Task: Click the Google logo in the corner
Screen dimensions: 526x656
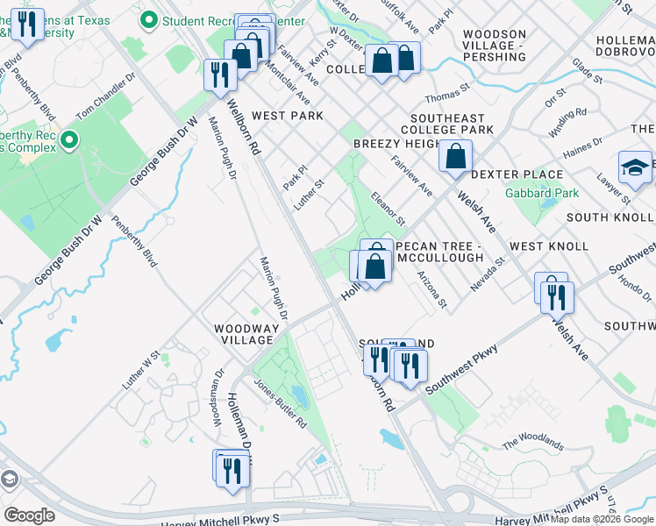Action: point(30,515)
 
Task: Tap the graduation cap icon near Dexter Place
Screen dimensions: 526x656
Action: point(636,169)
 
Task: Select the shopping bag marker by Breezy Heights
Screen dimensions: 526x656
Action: point(456,158)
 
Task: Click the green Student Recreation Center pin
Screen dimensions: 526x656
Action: point(150,20)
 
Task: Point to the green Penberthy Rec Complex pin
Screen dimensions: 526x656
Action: point(69,139)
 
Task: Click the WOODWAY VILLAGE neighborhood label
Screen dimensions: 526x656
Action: point(247,336)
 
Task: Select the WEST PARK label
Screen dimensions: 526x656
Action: point(287,116)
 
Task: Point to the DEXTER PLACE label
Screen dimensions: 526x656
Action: point(516,174)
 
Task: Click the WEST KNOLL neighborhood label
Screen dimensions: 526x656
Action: point(549,246)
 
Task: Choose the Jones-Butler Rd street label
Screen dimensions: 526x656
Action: point(280,402)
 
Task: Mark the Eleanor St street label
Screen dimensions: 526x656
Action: point(387,208)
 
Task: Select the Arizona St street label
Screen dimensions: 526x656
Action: point(432,292)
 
